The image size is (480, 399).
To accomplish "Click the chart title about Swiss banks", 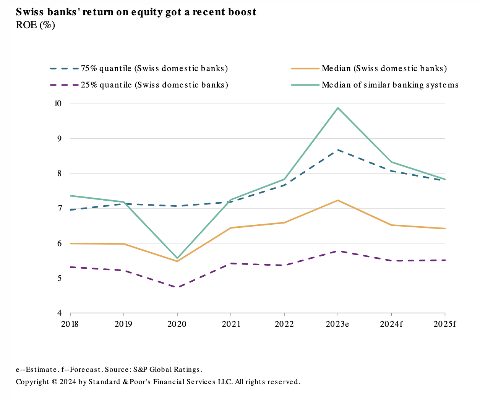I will click(x=136, y=12).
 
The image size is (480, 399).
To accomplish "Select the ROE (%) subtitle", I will click(x=35, y=25).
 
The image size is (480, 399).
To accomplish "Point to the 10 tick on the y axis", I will click(x=58, y=104).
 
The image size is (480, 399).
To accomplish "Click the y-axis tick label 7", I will click(x=60, y=208).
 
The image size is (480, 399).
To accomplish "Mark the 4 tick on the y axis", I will click(x=60, y=313).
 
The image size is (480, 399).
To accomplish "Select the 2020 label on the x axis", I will click(x=177, y=324).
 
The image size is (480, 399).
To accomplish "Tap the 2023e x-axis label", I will click(x=337, y=324).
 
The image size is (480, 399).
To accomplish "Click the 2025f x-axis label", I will click(x=445, y=324).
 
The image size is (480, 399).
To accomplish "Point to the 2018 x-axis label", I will click(x=70, y=324).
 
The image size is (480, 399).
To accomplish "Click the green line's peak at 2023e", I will click(x=338, y=108).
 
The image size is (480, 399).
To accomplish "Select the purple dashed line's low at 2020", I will click(x=177, y=287).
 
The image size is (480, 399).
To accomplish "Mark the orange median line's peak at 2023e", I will click(x=338, y=200).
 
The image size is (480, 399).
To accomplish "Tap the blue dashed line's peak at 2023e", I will click(x=338, y=150).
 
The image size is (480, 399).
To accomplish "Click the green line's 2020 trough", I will click(x=177, y=258).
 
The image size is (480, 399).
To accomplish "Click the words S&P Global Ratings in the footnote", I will click(x=167, y=370).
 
